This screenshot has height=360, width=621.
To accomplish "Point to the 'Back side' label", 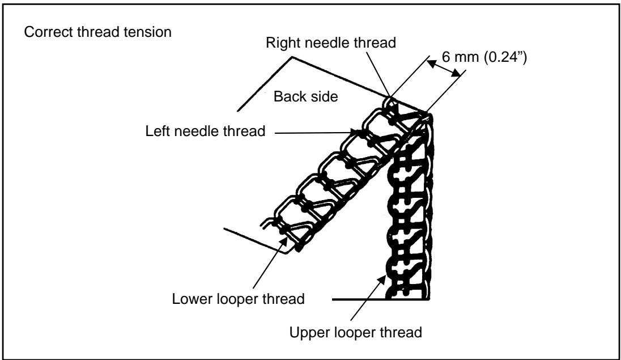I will [x=306, y=97].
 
